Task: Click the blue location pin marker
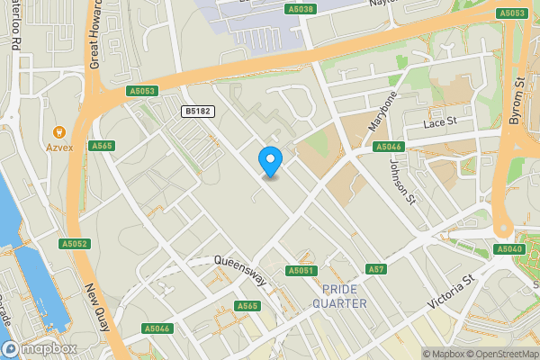click(x=270, y=161)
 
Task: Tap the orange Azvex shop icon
click(x=60, y=130)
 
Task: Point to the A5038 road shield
click(x=302, y=9)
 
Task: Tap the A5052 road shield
click(x=75, y=244)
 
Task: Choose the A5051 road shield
click(x=301, y=271)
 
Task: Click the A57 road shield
click(x=375, y=269)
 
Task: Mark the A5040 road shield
click(x=508, y=248)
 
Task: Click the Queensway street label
click(x=240, y=270)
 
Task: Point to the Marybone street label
click(x=382, y=111)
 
